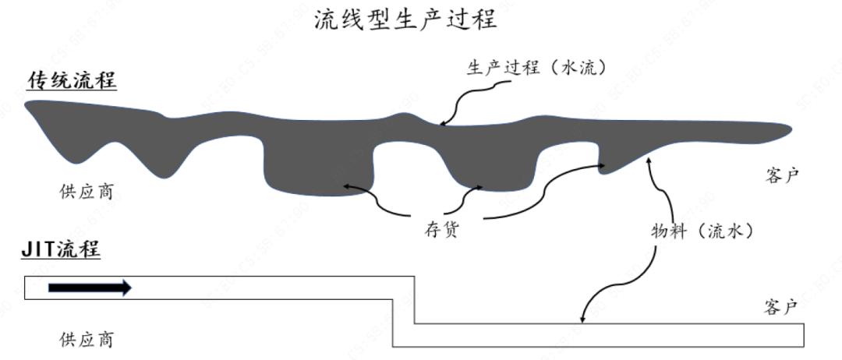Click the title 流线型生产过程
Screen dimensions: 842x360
pos(406,20)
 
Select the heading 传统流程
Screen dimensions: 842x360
pos(72,82)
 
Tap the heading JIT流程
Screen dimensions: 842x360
pos(61,249)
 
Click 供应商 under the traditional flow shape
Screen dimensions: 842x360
pos(87,190)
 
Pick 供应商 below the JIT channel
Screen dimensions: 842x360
pos(87,339)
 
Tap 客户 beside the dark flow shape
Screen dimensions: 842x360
pos(783,175)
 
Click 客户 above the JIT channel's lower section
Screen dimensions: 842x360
pos(781,307)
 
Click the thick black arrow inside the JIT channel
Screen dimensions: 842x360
pos(90,288)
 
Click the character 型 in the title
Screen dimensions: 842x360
pos(380,20)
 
